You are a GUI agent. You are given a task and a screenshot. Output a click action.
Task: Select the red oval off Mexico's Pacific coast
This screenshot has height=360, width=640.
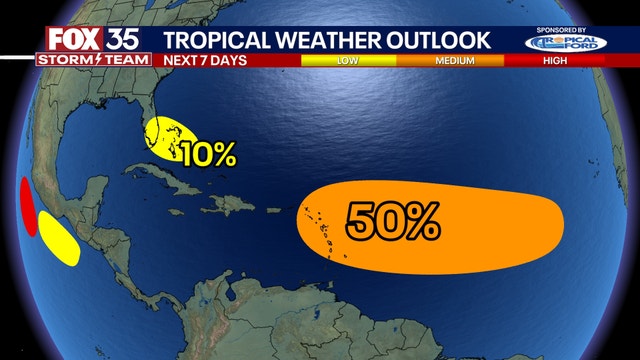28,207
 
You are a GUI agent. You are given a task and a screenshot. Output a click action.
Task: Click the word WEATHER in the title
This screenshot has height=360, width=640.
336,40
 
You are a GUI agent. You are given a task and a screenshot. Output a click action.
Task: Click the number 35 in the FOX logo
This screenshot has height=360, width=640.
111,40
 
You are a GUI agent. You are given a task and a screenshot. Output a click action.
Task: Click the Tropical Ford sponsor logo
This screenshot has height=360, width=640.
564,44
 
